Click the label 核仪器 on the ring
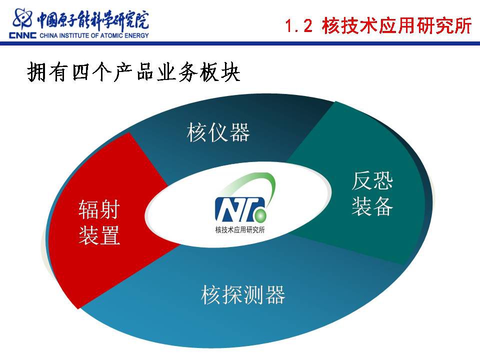tap(218, 132)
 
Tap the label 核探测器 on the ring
tap(243, 294)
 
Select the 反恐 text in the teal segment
tap(372, 181)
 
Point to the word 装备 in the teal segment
tap(372, 206)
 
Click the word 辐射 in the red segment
tap(99, 209)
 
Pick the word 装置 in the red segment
tap(99, 235)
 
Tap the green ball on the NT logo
tap(260, 215)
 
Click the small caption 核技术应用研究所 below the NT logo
tap(239, 230)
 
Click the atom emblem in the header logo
tap(22, 19)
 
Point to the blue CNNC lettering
tap(22, 35)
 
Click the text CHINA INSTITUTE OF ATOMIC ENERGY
tap(94, 35)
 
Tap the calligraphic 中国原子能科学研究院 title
tap(93, 20)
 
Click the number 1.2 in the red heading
tap(299, 25)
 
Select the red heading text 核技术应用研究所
tap(396, 25)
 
